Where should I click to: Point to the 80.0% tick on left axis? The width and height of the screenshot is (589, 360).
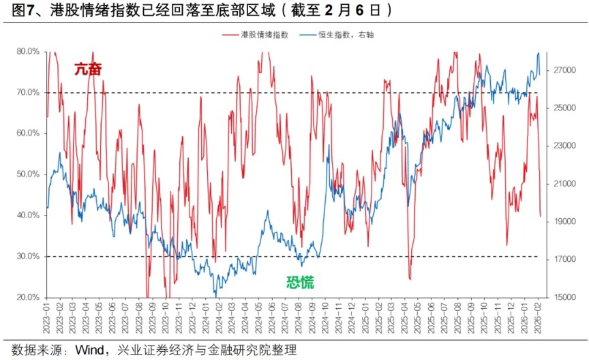28,51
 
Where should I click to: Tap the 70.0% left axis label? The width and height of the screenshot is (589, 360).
28,92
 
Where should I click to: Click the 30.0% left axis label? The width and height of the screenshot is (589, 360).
28,256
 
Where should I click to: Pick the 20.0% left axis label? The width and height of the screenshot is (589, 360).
28,297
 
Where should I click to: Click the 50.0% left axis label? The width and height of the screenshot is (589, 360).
28,175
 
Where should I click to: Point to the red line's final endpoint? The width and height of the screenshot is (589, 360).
541,216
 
